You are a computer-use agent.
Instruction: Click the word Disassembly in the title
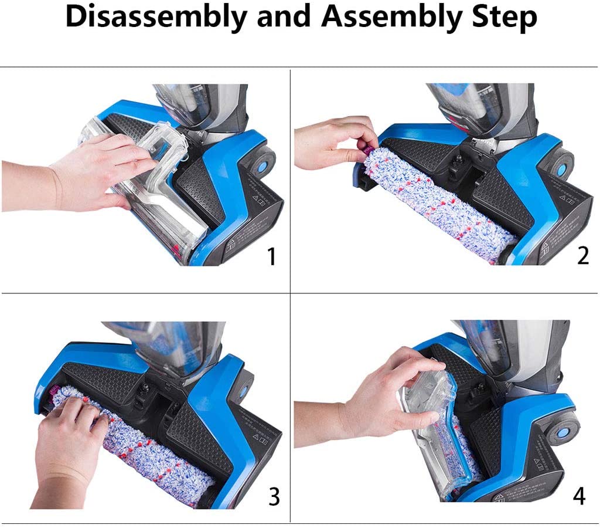click(x=158, y=18)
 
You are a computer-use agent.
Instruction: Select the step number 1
click(x=271, y=256)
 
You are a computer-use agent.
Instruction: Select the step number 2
click(x=582, y=256)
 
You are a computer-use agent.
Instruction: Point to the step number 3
click(x=274, y=496)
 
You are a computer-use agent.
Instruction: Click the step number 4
click(x=579, y=496)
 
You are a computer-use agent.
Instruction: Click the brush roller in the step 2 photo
click(x=439, y=199)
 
